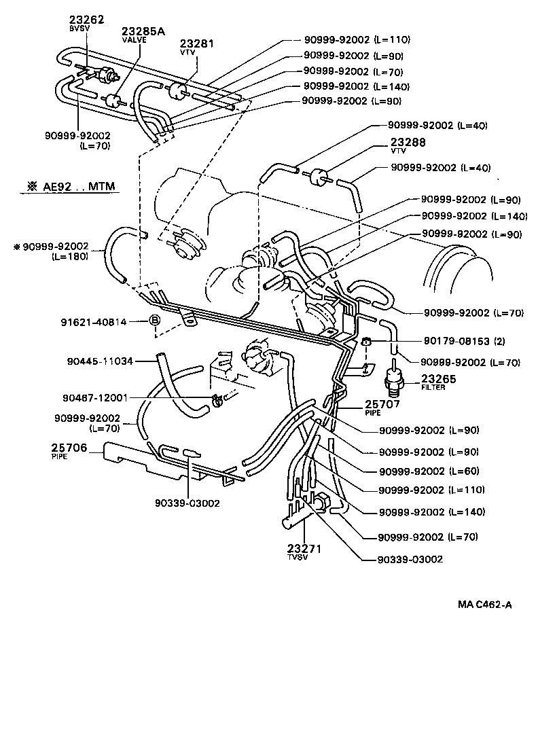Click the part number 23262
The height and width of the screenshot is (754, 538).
pos(87,20)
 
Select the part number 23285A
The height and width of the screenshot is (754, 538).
pos(143,32)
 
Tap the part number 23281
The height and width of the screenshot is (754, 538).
pos(196,43)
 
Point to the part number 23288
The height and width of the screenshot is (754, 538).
pos(408,143)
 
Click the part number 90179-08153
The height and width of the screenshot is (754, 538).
pos(444,340)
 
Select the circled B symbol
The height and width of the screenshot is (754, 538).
pos(154,321)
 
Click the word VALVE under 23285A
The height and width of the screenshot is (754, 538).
pos(134,40)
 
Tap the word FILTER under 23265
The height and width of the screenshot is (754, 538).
pos(433,389)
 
